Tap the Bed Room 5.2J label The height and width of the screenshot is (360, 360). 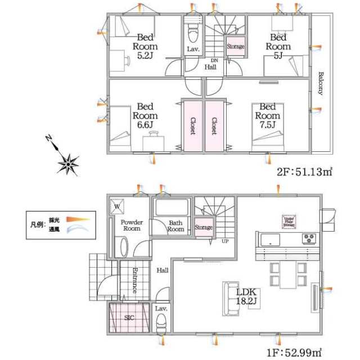click(145, 47)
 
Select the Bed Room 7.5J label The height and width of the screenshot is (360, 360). click(267, 115)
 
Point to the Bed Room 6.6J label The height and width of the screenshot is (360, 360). click(144, 115)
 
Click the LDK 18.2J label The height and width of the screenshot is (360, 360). click(246, 296)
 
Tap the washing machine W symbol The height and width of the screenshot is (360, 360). click(117, 206)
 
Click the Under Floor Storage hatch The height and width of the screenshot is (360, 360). click(289, 221)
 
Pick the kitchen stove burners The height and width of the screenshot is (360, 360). click(309, 238)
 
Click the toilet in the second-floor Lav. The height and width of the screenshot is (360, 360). click(192, 33)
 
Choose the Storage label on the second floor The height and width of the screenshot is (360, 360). click(235, 46)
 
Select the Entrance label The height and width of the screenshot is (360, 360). click(135, 280)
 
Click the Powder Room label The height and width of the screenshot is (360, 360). click(131, 225)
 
